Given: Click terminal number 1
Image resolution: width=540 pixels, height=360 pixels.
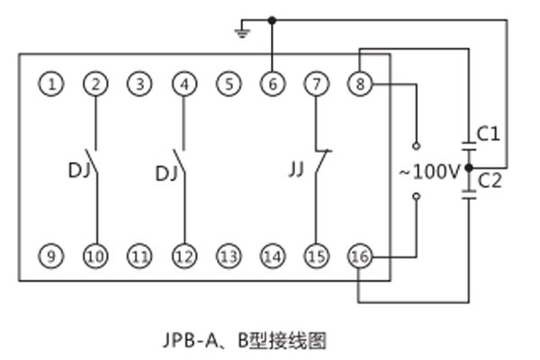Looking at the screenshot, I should point(52,85).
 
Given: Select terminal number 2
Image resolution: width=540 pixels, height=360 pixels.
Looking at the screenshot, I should point(95,85).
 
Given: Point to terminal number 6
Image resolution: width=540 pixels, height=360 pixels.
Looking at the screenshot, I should point(273,85).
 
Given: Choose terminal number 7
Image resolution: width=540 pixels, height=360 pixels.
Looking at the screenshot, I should point(315,85).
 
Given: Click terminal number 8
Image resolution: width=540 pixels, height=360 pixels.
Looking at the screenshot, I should point(359,85).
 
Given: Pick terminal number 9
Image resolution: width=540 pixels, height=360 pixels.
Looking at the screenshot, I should point(52,257).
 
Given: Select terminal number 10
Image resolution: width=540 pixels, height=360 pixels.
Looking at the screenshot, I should point(95,257).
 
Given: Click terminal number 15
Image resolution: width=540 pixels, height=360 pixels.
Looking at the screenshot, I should point(315,257).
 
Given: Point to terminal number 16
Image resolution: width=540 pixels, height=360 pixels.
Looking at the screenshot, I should point(359,257).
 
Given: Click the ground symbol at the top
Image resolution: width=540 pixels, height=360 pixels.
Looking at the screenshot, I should point(240,33).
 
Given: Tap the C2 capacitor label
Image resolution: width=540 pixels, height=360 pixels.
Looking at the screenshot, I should point(490,180).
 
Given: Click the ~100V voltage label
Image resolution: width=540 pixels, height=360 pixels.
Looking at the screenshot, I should point(429,169).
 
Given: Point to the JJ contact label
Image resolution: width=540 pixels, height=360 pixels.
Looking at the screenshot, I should point(296,167).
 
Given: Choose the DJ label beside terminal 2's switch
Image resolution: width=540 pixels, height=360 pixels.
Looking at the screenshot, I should point(77,167).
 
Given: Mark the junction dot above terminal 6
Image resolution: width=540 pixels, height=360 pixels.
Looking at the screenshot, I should point(273,19).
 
